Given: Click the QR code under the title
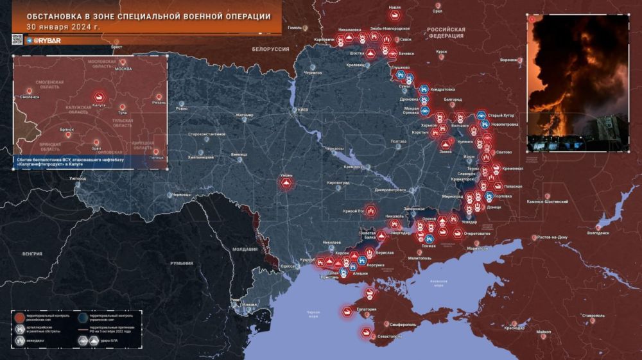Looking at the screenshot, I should tap(17, 40).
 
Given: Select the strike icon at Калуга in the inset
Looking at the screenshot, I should tap(100, 96).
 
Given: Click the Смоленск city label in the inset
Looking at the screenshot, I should tap(30, 97).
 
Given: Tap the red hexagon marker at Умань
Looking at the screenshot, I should tap(286, 183).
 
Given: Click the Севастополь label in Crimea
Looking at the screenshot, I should tap(389, 336).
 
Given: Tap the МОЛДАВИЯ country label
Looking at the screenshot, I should tap(245, 249).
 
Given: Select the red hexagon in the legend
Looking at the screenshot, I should tap(21, 318).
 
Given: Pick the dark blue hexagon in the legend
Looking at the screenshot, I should tap(83, 318).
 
